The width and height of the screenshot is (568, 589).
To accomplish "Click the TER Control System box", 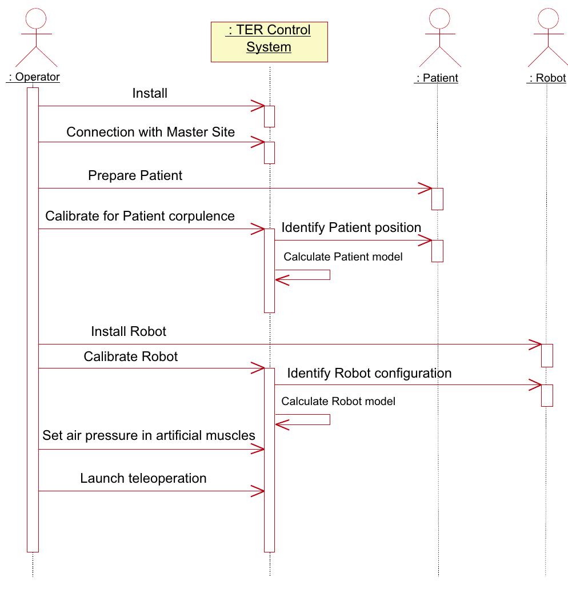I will tap(269, 42).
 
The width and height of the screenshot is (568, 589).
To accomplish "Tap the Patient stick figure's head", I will tap(439, 18).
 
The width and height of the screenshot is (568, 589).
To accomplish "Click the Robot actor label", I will tap(546, 78).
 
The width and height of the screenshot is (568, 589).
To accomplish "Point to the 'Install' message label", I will tap(150, 93).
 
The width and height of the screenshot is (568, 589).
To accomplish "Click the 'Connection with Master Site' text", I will tap(150, 132).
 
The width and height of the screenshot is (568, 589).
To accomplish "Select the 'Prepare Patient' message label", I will tap(135, 175).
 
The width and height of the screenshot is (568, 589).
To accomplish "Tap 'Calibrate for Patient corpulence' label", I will tap(140, 216).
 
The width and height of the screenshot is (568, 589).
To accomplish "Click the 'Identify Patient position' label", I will tap(351, 227).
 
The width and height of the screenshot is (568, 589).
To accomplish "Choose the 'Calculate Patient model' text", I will tap(343, 257).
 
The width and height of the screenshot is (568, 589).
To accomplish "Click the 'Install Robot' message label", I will tap(129, 331).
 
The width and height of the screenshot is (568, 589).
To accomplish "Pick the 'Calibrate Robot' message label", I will tap(130, 356).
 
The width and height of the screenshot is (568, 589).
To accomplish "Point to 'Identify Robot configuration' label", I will tap(369, 373).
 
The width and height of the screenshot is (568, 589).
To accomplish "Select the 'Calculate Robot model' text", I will tap(338, 401).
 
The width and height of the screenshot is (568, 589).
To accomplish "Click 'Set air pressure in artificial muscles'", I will tap(149, 435).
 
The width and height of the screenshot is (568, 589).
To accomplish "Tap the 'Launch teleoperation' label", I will tap(143, 478).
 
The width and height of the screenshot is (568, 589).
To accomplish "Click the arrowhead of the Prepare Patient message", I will tap(426, 189).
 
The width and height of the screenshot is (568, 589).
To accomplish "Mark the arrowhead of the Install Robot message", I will tap(535, 344).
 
